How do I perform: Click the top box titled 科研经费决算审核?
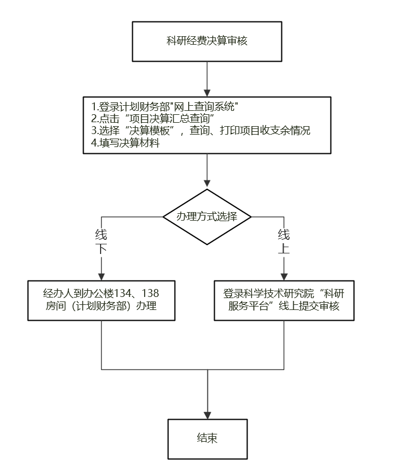click(207, 41)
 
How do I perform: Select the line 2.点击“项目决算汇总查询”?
click(151, 118)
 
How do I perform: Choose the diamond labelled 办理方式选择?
click(207, 217)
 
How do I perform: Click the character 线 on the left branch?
click(101, 234)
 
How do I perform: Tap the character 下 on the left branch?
click(101, 249)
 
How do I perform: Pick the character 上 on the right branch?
click(284, 249)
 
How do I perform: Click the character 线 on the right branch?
click(284, 234)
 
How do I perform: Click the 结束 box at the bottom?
click(207, 438)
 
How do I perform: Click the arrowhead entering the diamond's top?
click(207, 184)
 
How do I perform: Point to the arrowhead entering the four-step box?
click(207, 92)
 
